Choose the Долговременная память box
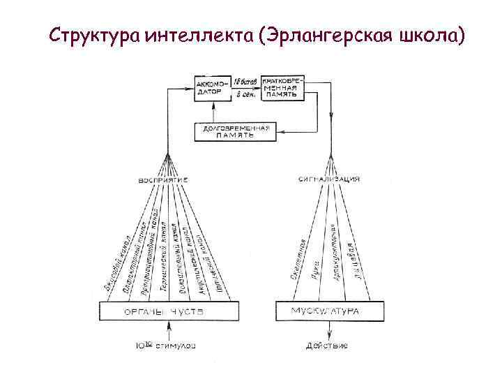coord(235,132)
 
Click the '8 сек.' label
coord(245,92)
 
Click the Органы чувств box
coord(169,311)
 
